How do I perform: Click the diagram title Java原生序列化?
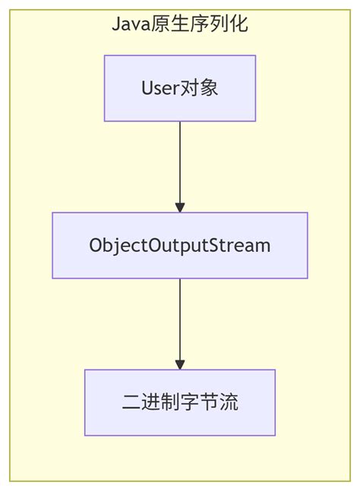pyautogui.click(x=180, y=24)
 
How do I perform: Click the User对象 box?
pyautogui.click(x=180, y=88)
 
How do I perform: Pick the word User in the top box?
pyautogui.click(x=160, y=88)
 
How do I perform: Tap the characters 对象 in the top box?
pyautogui.click(x=200, y=88)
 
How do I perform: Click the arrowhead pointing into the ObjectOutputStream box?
pyautogui.click(x=180, y=207)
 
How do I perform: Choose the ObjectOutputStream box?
pyautogui.click(x=180, y=245)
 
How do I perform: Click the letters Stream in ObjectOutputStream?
pyautogui.click(x=245, y=246)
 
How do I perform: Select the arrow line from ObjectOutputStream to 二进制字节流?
pyautogui.click(x=180, y=319)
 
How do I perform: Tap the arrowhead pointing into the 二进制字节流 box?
pyautogui.click(x=180, y=364)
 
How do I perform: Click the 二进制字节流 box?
pyautogui.click(x=180, y=402)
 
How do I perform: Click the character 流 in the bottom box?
pyautogui.click(x=229, y=403)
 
